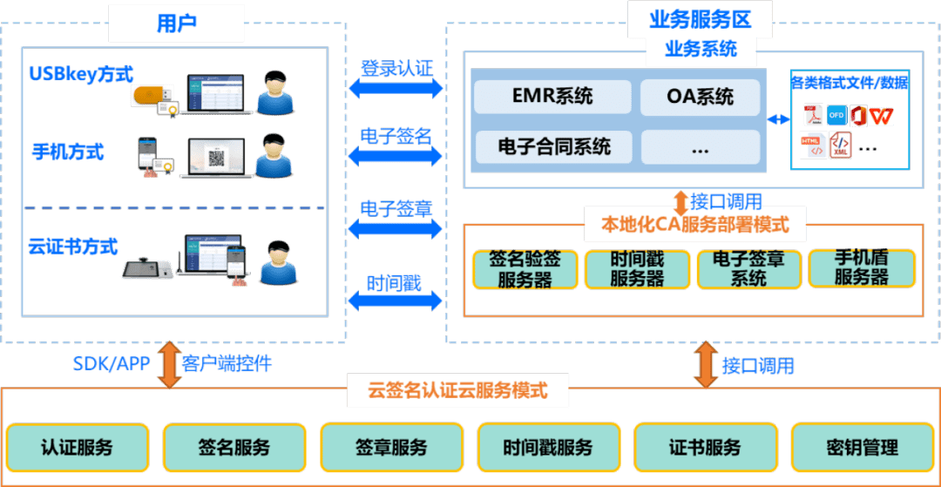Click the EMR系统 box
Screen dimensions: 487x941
click(552, 97)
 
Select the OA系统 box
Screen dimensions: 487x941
click(699, 97)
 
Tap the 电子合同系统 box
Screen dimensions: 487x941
click(552, 146)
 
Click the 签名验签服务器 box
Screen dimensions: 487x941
click(525, 269)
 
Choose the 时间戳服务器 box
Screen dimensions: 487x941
click(637, 269)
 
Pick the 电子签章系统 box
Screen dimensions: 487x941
click(748, 269)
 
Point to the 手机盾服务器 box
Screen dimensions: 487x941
click(861, 268)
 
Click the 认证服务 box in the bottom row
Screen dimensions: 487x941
click(77, 448)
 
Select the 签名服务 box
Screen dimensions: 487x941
click(234, 448)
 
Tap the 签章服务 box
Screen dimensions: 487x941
click(390, 448)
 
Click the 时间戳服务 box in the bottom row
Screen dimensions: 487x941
click(547, 448)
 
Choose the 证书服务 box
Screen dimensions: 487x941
click(704, 448)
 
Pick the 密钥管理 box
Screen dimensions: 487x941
click(862, 448)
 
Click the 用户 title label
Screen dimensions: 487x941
click(176, 23)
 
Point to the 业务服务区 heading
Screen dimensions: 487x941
click(699, 18)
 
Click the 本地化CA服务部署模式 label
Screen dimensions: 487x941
click(694, 225)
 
